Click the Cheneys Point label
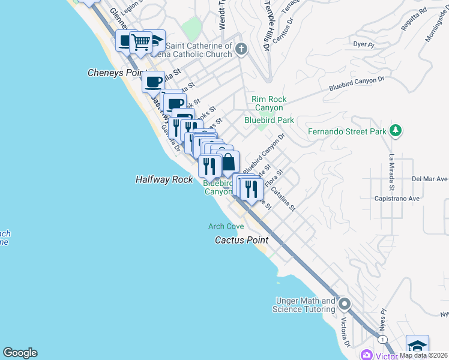pyautogui.click(x=114, y=73)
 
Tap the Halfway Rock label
pyautogui.click(x=164, y=179)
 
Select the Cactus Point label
pyautogui.click(x=241, y=239)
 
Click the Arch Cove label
pyautogui.click(x=226, y=226)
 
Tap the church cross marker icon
pyautogui.click(x=241, y=49)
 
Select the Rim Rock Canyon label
pyautogui.click(x=268, y=103)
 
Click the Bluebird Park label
pyautogui.click(x=269, y=120)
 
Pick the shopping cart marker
pyautogui.click(x=140, y=42)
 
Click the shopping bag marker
pyautogui.click(x=229, y=162)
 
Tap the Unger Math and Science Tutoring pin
pyautogui.click(x=345, y=304)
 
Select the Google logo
pyautogui.click(x=20, y=353)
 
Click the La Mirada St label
pyautogui.click(x=391, y=172)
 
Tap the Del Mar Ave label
pyautogui.click(x=430, y=179)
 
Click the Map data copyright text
pyautogui.click(x=423, y=355)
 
